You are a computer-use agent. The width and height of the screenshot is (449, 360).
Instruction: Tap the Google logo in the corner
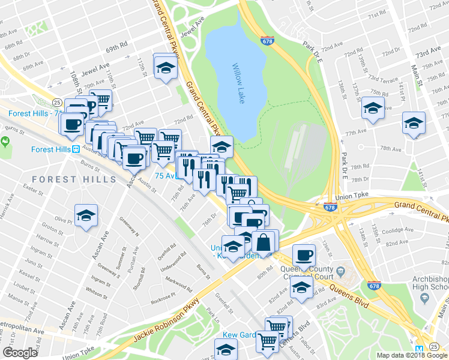pyautogui.click(x=20, y=353)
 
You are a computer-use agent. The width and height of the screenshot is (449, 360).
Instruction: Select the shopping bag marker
pyautogui.click(x=263, y=242)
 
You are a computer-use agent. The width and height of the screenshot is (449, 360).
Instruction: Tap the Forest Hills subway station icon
pyautogui.click(x=76, y=150)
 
